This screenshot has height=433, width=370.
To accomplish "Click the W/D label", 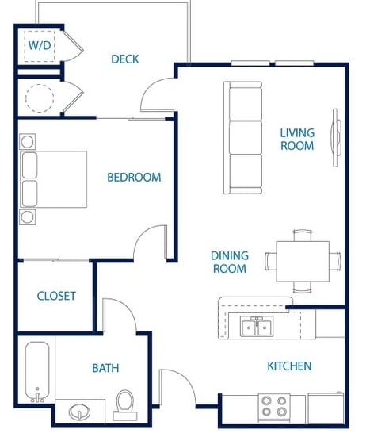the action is (40, 45).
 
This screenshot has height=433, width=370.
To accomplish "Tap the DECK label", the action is (125, 59).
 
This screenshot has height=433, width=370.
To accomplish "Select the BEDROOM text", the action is (134, 177).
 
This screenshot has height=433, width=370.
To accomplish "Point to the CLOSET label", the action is (56, 296).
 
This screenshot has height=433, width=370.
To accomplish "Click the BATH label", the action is (105, 368).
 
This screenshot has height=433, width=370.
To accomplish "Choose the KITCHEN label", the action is (289, 366).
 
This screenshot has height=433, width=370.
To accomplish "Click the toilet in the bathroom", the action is (125, 405).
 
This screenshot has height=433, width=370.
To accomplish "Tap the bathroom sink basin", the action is (79, 412).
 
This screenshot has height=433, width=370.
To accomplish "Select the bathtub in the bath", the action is (37, 372).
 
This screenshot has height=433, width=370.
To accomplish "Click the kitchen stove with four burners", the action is (274, 408).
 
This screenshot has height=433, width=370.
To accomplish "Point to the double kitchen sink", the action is (257, 326).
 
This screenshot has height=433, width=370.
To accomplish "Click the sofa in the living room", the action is (242, 137).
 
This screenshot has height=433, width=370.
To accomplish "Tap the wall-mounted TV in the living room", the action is (336, 137).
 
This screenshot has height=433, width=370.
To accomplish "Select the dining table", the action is (303, 261).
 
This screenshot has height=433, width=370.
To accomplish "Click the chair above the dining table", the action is (303, 236).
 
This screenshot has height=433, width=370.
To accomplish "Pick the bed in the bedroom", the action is (54, 179).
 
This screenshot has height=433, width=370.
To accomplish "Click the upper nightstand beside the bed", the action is (27, 142).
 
